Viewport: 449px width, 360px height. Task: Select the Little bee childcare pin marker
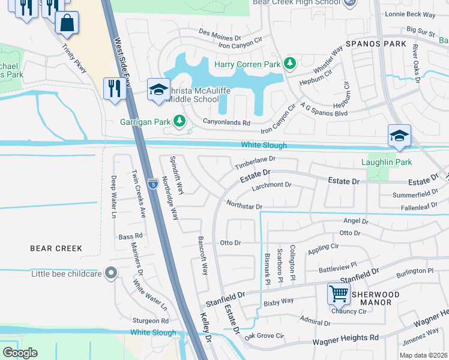pos(110,274)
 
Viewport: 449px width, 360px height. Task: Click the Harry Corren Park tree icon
pos(290,63)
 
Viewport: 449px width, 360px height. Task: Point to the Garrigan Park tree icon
pos(179,122)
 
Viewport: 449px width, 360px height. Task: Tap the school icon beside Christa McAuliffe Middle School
pos(159,91)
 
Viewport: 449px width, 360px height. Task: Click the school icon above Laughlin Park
pos(399,136)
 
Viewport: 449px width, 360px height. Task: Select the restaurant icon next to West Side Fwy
pos(112,89)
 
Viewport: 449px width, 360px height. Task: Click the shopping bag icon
pos(67,23)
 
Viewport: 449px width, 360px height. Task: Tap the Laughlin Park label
pos(387,162)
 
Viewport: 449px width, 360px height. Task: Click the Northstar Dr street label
pos(244,206)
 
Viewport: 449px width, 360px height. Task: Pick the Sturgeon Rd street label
pos(151,321)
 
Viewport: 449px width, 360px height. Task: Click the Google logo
pos(20,353)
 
